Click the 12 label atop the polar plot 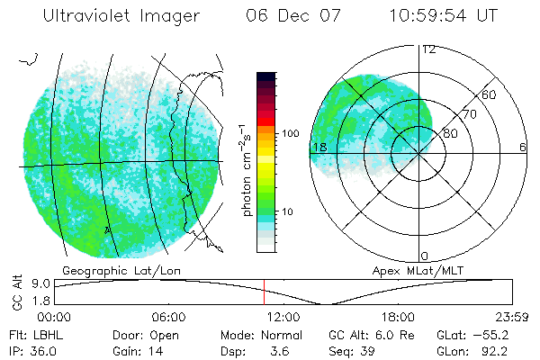click(x=429, y=49)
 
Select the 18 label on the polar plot click(x=319, y=147)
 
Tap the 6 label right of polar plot click(x=523, y=147)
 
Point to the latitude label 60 click(x=489, y=94)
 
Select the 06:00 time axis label click(x=168, y=317)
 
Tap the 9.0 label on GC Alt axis click(x=38, y=283)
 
